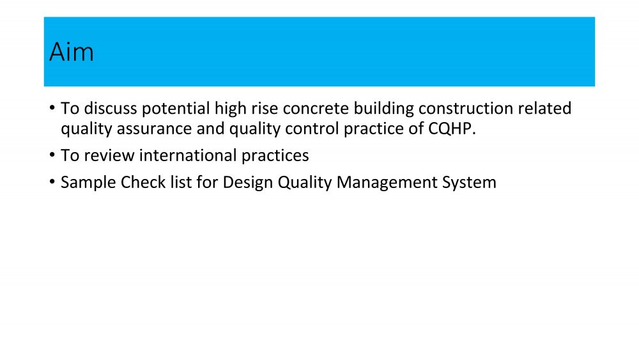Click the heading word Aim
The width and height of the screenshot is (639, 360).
72,52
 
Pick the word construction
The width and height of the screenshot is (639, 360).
465,109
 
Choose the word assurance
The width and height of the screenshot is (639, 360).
155,129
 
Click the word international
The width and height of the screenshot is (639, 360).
188,155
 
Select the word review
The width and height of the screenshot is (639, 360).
109,155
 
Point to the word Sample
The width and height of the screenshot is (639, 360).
88,183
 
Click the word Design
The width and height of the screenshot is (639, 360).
248,183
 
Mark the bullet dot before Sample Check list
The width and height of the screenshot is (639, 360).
52,182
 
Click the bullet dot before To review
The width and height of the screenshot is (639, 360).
52,155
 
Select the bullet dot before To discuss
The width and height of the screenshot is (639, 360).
52,107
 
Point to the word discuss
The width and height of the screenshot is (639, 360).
111,109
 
